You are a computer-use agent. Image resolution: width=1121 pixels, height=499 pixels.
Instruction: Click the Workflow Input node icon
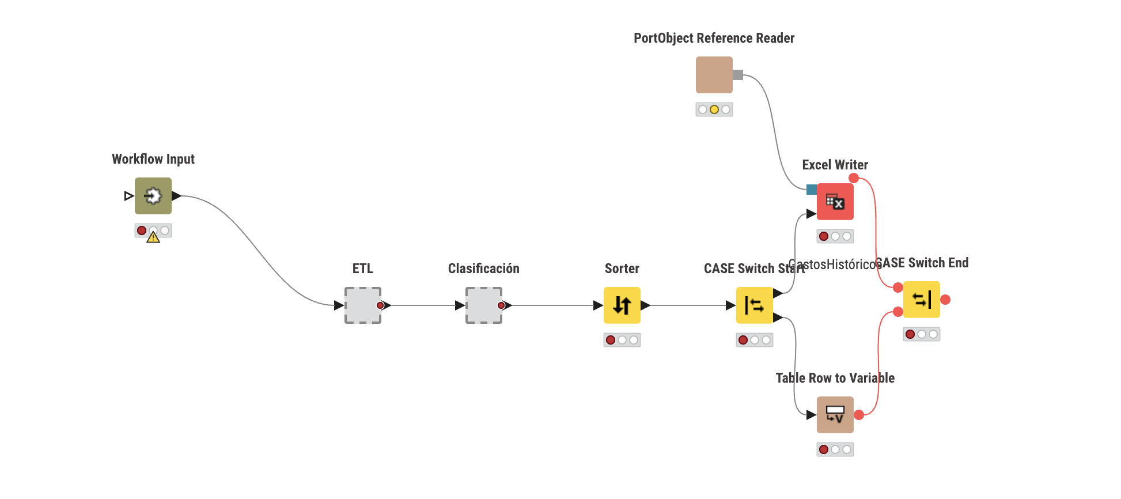point(153,196)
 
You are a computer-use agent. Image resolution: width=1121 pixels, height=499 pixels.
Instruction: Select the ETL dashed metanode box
point(362,305)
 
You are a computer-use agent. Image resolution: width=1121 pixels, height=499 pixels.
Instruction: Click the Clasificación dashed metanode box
point(483,305)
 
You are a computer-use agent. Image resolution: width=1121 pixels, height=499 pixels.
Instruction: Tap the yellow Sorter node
point(622,305)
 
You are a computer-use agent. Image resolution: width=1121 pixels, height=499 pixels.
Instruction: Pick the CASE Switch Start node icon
point(754,305)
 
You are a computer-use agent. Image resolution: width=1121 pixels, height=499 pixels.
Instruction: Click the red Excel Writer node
point(835,202)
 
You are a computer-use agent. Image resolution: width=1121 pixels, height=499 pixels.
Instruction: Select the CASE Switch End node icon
point(921,300)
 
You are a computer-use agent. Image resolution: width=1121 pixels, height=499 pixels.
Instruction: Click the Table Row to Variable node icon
point(835,415)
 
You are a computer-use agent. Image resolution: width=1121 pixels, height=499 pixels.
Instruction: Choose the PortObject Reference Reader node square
point(714,75)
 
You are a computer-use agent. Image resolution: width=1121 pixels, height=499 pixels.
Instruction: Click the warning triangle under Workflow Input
point(153,237)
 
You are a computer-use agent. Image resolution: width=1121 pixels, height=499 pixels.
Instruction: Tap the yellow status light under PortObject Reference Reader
point(714,109)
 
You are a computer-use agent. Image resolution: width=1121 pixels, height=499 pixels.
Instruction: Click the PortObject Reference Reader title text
point(714,38)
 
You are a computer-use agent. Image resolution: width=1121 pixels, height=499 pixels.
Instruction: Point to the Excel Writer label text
point(835,165)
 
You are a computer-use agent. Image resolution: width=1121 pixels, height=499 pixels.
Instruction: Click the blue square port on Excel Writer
point(811,190)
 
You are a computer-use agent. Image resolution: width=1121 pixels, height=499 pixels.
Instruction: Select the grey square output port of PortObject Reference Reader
point(738,75)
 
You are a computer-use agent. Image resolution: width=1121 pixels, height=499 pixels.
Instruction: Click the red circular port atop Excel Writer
point(854,179)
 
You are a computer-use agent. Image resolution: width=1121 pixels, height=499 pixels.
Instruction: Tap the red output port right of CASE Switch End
point(945,300)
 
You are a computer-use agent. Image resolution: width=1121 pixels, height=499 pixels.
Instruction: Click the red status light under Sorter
point(611,340)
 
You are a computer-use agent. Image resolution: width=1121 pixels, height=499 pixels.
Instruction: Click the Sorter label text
point(622,269)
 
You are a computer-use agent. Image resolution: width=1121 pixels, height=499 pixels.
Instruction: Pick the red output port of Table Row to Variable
point(859,415)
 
